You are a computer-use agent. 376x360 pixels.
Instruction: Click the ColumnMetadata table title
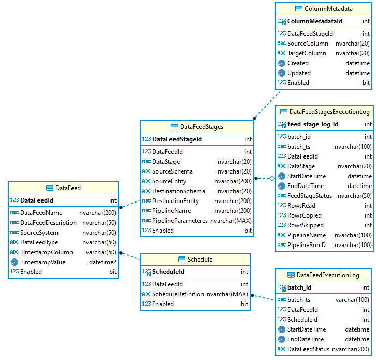coord(328,9)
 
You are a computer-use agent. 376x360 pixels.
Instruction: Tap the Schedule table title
coord(199,260)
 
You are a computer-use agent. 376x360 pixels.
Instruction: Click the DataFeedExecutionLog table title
coord(328,275)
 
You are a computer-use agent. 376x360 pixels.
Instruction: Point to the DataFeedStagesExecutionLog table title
coord(329,111)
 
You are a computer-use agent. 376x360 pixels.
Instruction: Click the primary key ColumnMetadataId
coord(315,21)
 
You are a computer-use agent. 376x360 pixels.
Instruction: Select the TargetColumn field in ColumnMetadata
coord(307,53)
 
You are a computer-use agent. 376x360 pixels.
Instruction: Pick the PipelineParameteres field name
coord(180,221)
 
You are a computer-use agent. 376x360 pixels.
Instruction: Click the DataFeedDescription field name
coord(48,223)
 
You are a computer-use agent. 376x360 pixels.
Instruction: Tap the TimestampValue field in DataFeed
coord(42,262)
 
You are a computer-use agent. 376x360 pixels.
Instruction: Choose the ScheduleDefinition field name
coord(178,294)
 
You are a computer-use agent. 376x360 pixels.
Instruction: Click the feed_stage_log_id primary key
coord(313,124)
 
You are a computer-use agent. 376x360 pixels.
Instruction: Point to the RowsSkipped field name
coord(306,225)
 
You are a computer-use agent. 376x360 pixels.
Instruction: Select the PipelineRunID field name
coord(307,245)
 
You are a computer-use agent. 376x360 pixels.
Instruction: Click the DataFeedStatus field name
coord(308,349)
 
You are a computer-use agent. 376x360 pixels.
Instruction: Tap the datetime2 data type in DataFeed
coord(103,262)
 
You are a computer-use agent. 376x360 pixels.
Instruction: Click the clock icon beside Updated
coord(281,73)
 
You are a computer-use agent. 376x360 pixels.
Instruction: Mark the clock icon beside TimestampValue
coord(14,262)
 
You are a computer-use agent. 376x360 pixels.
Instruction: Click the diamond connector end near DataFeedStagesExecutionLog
coord(271,178)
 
